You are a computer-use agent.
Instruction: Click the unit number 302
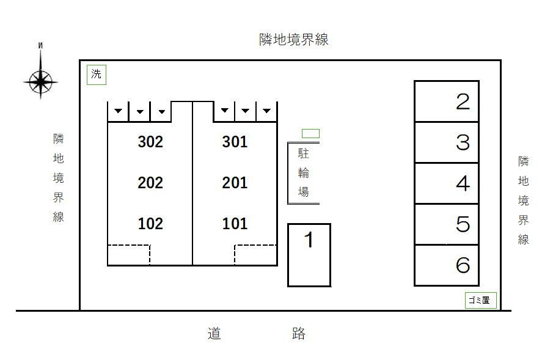pyautogui.click(x=150, y=142)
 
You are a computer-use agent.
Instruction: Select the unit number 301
pyautogui.click(x=235, y=142)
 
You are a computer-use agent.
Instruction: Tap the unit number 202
pyautogui.click(x=150, y=183)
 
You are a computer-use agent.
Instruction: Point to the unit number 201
pyautogui.click(x=235, y=183)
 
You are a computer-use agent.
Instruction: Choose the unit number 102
pyautogui.click(x=150, y=224)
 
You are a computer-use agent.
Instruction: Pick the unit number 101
pyautogui.click(x=235, y=224)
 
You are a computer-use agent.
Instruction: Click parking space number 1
pyautogui.click(x=309, y=240)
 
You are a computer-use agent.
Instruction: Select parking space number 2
pyautogui.click(x=463, y=101)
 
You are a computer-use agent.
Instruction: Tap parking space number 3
pyautogui.click(x=463, y=142)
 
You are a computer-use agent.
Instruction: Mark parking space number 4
pyautogui.click(x=463, y=183)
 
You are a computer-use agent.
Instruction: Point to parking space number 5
pyautogui.click(x=463, y=224)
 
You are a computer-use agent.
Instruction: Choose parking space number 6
pyautogui.click(x=463, y=265)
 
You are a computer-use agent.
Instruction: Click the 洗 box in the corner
pyautogui.click(x=97, y=75)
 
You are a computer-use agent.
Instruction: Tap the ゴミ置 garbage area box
pyautogui.click(x=481, y=300)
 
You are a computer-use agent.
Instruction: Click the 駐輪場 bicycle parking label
pyautogui.click(x=303, y=173)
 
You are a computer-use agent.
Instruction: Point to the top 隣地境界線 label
pyautogui.click(x=294, y=40)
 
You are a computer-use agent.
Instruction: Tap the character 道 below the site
pyautogui.click(x=214, y=333)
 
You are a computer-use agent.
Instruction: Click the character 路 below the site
pyautogui.click(x=299, y=333)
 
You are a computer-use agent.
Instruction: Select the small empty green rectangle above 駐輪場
pyautogui.click(x=310, y=133)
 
